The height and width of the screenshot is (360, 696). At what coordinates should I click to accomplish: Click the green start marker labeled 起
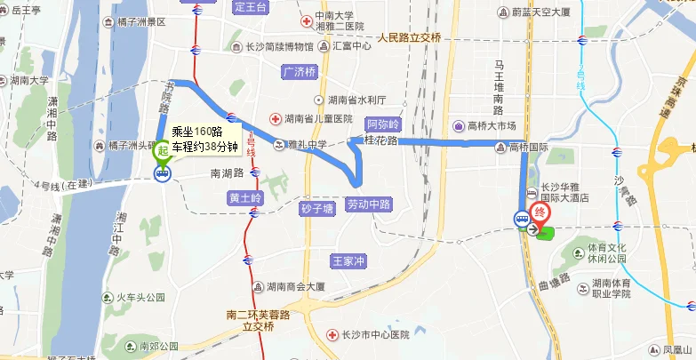163,152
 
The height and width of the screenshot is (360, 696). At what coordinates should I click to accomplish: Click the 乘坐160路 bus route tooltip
204,138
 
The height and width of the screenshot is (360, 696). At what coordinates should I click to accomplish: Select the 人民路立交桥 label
409,37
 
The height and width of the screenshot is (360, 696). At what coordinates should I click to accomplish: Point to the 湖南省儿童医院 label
317,118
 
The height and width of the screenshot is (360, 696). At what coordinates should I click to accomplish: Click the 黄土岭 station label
244,197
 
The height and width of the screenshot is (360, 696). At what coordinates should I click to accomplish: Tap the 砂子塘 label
316,210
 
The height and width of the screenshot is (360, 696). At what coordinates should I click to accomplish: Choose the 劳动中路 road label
369,204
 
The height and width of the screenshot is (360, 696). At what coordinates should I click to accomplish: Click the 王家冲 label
348,261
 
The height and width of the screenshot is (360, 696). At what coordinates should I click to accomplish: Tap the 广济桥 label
299,71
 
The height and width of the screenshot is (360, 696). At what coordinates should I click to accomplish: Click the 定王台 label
251,7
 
